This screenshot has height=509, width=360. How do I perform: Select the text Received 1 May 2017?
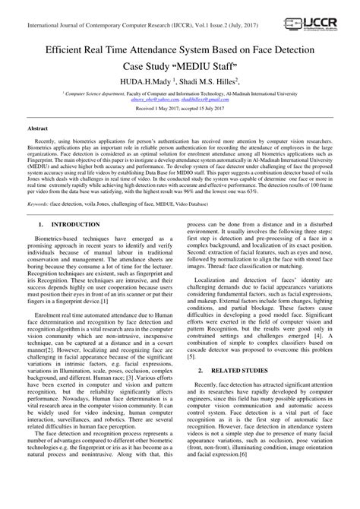[x=151, y=109]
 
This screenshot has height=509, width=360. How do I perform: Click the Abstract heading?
[x=39, y=130]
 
